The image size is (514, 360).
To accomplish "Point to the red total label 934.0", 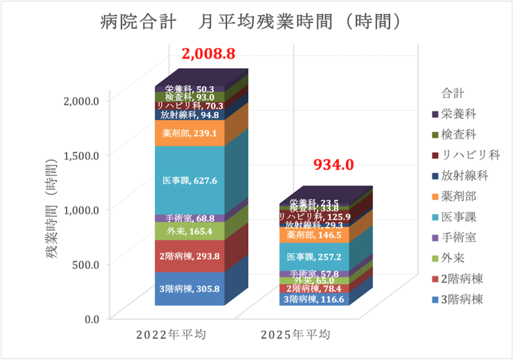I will coord(333,165).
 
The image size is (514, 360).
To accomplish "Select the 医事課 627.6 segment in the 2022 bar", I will coord(190,181).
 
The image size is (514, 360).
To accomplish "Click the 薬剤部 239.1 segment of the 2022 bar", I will coord(190,133).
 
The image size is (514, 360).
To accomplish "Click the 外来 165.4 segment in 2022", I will coord(190,231).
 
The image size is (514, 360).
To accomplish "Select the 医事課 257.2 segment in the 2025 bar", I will coord(314,257).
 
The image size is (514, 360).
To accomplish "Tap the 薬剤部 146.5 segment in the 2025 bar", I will coord(314,235).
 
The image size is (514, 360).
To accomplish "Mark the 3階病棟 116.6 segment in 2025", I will coord(314,300).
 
